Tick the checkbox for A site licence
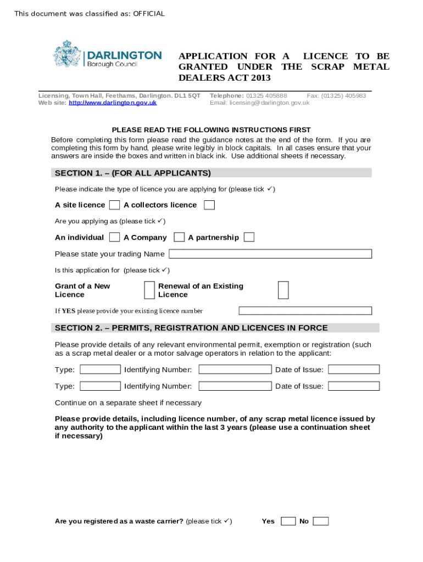tap(114, 205)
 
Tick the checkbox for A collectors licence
tap(209, 205)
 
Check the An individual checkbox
tap(114, 238)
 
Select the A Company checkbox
tap(179, 238)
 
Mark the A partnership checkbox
tap(249, 238)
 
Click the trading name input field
tap(270, 254)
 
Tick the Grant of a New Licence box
tap(149, 290)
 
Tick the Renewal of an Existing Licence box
tap(283, 290)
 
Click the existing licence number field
tap(305, 311)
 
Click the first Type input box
tap(100, 369)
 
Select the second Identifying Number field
tap(235, 386)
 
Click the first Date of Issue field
tap(354, 369)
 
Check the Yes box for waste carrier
tap(288, 521)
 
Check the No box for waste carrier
tap(321, 521)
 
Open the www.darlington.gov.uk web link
tap(113, 103)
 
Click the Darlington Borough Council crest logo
tap(67, 54)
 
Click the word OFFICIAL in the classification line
tap(148, 14)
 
